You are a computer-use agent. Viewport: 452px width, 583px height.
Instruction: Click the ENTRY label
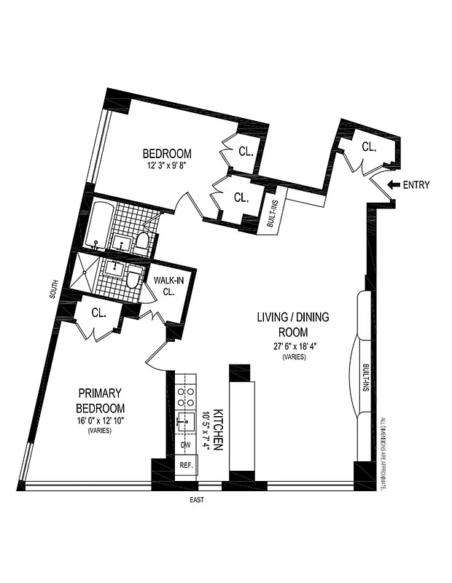(416, 185)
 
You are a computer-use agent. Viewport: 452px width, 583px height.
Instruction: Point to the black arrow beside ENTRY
(394, 185)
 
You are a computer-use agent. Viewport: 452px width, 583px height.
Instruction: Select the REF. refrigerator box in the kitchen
(187, 465)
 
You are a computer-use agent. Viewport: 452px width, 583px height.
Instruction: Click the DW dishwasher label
(185, 445)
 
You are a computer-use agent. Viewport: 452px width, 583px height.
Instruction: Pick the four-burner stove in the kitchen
(186, 394)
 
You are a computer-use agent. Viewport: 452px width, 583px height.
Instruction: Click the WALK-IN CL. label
(168, 286)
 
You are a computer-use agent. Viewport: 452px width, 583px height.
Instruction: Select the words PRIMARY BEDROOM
(101, 400)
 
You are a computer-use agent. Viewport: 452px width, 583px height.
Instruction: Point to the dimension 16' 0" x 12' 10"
(101, 420)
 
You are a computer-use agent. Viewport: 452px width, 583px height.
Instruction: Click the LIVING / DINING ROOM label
(292, 324)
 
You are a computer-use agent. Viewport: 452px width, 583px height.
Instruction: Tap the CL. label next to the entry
(369, 147)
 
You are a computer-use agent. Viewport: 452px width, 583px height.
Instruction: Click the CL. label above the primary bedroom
(99, 313)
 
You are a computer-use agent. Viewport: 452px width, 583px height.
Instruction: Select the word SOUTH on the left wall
(53, 293)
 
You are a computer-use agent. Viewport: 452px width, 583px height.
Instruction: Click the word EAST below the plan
(196, 500)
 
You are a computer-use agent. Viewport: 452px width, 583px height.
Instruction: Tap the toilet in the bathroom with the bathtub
(143, 241)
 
